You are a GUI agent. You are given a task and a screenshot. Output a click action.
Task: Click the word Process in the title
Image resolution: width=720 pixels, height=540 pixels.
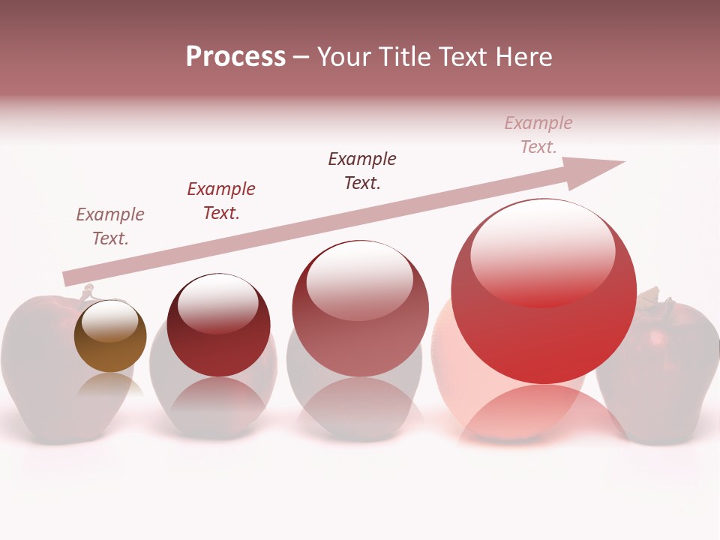[235, 57]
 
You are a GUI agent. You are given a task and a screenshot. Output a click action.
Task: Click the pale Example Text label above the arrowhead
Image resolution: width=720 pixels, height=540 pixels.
[538, 135]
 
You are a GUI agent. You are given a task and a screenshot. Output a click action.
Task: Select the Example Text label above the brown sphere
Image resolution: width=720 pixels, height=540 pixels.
[110, 226]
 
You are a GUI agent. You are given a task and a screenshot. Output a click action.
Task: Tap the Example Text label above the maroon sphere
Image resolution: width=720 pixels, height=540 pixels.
[221, 201]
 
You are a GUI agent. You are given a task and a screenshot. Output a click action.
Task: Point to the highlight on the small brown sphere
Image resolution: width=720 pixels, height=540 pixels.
[109, 322]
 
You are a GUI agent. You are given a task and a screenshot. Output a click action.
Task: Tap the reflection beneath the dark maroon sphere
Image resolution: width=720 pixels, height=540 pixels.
[218, 405]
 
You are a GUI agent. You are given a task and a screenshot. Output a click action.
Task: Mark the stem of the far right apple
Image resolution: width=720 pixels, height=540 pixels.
[666, 302]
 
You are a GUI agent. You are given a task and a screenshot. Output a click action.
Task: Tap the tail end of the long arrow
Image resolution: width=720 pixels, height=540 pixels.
[69, 277]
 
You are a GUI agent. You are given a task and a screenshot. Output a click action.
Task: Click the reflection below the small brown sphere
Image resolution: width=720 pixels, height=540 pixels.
[110, 386]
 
